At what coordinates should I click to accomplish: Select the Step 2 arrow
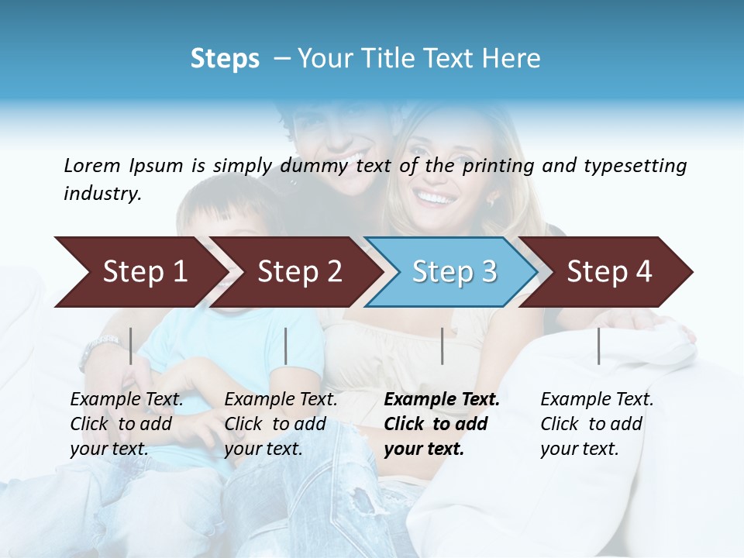coord(298,272)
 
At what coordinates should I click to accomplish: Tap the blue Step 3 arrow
coord(453,272)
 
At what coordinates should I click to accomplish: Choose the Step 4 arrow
coord(608,272)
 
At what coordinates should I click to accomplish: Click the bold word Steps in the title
coord(225,59)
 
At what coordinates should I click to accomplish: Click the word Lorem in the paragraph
coord(92,165)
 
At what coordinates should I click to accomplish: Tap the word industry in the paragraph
coord(102,194)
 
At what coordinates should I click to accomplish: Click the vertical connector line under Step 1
coord(131,346)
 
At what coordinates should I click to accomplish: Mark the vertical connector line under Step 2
coord(286,346)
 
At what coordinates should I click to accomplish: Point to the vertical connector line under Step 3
coord(442,346)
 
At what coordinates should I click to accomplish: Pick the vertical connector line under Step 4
coord(598,346)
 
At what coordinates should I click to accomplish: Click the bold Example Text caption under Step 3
coord(442,424)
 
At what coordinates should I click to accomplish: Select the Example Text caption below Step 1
coord(126,424)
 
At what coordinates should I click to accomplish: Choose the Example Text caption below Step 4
coord(597,424)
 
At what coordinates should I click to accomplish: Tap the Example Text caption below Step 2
coord(281,424)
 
